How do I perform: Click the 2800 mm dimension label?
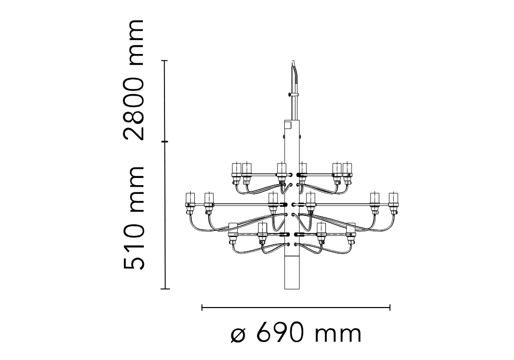[134, 80]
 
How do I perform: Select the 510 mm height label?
[134, 219]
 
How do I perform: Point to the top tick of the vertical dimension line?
[164, 61]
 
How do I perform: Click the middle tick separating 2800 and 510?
[164, 142]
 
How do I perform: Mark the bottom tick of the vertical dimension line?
[164, 289]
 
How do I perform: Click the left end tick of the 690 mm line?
[202, 308]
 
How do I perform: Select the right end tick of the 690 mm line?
[390, 308]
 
